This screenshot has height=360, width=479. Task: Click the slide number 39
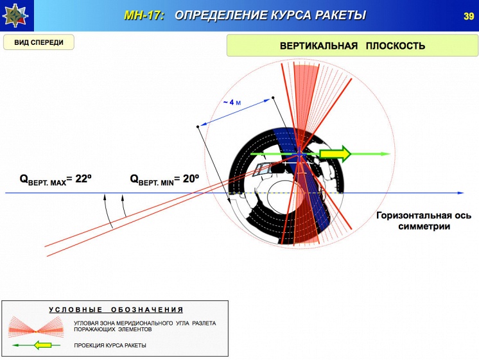tap(468, 16)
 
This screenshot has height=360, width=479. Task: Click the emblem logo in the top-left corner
tap(15, 15)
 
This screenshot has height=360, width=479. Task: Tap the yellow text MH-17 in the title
tap(144, 15)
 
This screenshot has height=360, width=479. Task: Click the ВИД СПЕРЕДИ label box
tap(39, 42)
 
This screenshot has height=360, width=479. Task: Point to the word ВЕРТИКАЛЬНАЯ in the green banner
tap(318, 46)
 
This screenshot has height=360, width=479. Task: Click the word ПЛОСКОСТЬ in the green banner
tap(396, 46)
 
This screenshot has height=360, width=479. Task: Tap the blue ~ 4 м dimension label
tap(232, 102)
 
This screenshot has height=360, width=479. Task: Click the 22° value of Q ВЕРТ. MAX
tap(83, 178)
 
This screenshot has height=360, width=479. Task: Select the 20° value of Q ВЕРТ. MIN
tap(191, 178)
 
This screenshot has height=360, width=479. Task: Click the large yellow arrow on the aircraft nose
tap(335, 153)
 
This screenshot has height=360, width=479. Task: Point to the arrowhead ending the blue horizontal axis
tap(460, 193)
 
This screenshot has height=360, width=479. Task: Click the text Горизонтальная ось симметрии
tap(424, 221)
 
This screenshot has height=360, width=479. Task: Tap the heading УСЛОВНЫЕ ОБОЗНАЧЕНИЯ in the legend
tap(116, 309)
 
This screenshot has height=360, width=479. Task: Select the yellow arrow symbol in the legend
tap(42, 345)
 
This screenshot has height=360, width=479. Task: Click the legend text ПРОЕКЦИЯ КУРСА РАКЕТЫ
tap(110, 345)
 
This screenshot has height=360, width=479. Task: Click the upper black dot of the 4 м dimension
tap(273, 98)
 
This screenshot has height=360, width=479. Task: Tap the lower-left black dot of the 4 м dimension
tap(198, 126)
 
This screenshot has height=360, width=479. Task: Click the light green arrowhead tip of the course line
tap(390, 153)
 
